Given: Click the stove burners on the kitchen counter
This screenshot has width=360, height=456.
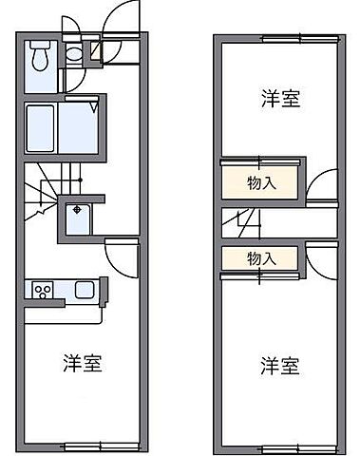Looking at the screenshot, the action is (x=42, y=289).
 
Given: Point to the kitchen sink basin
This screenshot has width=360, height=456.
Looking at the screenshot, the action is (x=82, y=289).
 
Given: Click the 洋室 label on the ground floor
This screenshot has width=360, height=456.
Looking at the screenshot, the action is (x=83, y=362).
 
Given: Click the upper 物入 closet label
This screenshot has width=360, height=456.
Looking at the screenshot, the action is (x=261, y=181).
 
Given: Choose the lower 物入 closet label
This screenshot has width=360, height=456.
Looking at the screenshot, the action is (x=261, y=258).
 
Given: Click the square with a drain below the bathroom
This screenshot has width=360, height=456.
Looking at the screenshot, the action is (x=77, y=218).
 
